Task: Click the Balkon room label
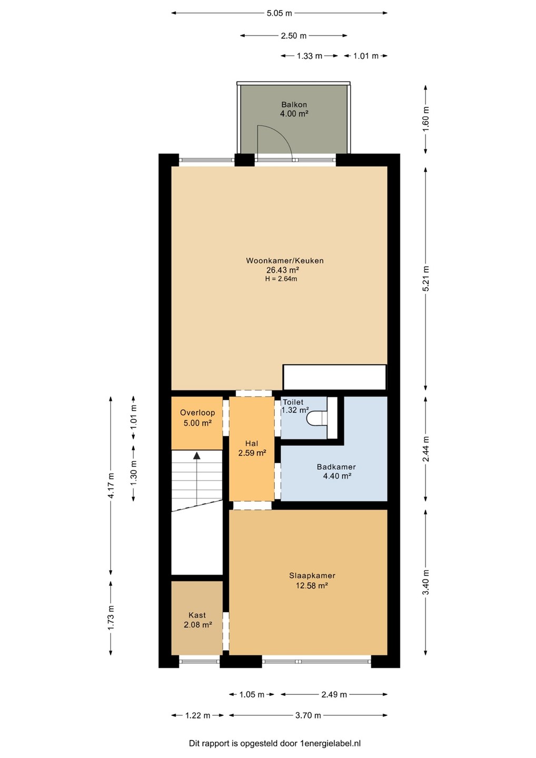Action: pyautogui.click(x=294, y=105)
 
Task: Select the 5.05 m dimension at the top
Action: pyautogui.click(x=279, y=14)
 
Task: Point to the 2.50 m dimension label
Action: pyautogui.click(x=293, y=36)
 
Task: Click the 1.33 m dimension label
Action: pyautogui.click(x=310, y=56)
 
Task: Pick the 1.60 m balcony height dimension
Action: pyautogui.click(x=425, y=119)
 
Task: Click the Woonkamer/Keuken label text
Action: pyautogui.click(x=284, y=261)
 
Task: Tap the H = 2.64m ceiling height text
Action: pyautogui.click(x=281, y=279)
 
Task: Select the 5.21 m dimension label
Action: pyautogui.click(x=425, y=278)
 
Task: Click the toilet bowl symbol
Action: pyautogui.click(x=317, y=417)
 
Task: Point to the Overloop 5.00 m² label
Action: pyautogui.click(x=197, y=417)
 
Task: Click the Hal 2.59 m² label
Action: pyautogui.click(x=252, y=448)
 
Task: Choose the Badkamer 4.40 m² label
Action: pyautogui.click(x=336, y=472)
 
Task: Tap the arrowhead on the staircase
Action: pyautogui.click(x=196, y=455)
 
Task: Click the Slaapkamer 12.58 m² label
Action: pyautogui.click(x=312, y=580)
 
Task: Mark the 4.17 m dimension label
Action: pyautogui.click(x=111, y=485)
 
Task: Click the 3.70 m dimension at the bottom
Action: pyautogui.click(x=308, y=715)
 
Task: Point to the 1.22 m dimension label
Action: pyautogui.click(x=197, y=715)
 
